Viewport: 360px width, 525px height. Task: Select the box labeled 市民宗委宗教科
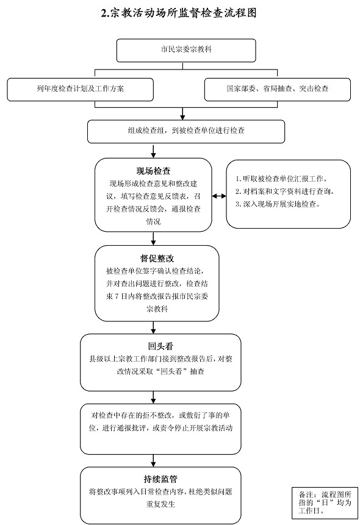click(186, 51)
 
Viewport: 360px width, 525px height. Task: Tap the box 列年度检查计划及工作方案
click(80, 90)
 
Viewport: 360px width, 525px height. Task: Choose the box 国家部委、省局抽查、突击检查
click(277, 90)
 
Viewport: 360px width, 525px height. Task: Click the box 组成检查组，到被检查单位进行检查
click(186, 132)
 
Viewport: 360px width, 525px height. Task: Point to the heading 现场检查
click(153, 171)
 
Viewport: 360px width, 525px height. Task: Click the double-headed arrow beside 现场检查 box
click(219, 196)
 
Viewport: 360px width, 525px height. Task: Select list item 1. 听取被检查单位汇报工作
click(281, 179)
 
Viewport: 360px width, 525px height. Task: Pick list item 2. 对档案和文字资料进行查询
click(285, 191)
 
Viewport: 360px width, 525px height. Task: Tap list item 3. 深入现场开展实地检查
click(278, 204)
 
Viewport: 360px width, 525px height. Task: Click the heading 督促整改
click(157, 259)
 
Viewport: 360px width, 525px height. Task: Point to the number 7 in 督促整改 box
click(117, 296)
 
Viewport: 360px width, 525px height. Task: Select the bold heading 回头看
click(160, 346)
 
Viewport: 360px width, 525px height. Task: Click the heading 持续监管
click(160, 479)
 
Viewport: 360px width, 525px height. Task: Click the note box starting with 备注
click(325, 503)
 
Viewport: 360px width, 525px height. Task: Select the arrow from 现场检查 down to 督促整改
click(153, 238)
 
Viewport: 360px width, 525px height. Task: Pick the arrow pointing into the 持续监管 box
click(153, 461)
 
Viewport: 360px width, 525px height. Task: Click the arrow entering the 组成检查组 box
click(182, 114)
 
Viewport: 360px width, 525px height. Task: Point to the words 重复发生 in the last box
click(160, 504)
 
